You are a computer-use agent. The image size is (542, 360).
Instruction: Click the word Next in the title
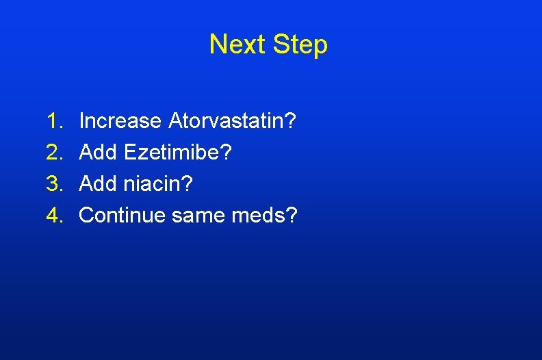click(237, 44)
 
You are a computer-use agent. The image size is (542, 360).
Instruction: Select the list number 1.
click(55, 121)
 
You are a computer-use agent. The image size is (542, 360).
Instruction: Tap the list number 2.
click(55, 153)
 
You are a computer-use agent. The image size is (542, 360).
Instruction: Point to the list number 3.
click(55, 184)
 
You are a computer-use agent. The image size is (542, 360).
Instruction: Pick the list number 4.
click(55, 216)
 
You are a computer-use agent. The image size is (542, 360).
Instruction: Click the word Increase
click(120, 121)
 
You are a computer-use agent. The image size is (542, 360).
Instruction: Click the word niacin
click(151, 184)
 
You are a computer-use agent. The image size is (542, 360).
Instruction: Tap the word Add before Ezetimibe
click(99, 153)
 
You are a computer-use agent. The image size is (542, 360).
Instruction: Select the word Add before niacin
click(99, 184)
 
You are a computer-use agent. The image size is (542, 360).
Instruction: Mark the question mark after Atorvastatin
click(290, 121)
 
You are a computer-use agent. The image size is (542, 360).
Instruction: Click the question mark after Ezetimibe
click(226, 153)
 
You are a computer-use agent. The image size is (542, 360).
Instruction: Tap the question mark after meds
click(292, 216)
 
